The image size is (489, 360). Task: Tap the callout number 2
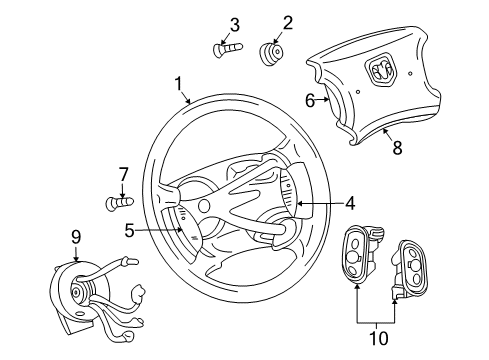(x=260, y=23)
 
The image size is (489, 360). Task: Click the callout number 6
(x=309, y=98)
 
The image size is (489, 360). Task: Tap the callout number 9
(x=76, y=237)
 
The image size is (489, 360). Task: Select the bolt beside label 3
(x=227, y=46)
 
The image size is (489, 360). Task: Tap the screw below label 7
(x=118, y=203)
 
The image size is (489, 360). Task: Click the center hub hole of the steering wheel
(x=204, y=205)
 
